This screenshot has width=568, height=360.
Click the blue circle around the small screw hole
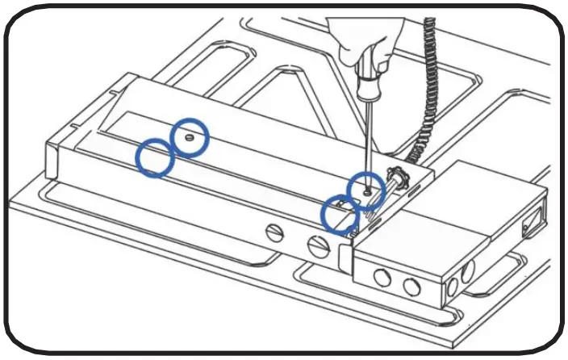pos(190,137)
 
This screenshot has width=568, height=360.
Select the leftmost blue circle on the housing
pos(154,157)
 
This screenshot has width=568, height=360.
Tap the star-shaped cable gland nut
pos(397,175)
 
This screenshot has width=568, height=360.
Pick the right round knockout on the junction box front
pos(412,287)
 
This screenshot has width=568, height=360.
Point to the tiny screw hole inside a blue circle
pos(189,138)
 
